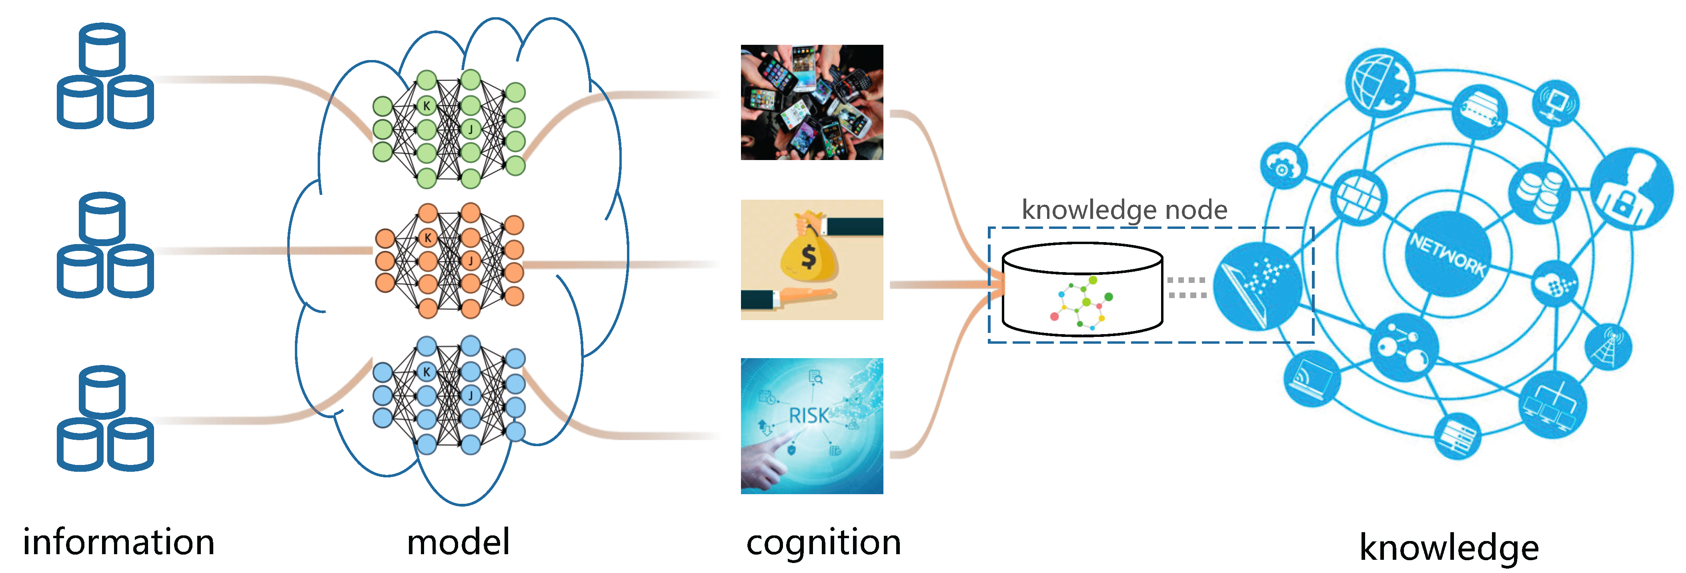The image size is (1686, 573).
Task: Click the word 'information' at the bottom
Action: click(118, 542)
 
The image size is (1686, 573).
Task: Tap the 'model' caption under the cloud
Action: click(458, 542)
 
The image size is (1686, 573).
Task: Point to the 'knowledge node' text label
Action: click(1124, 210)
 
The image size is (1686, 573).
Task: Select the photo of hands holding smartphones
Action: click(811, 102)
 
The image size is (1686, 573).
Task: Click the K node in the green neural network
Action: click(427, 105)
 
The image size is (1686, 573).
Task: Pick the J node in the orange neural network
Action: click(471, 260)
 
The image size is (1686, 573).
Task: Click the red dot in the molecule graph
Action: click(1054, 316)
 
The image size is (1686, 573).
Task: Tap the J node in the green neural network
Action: click(471, 129)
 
